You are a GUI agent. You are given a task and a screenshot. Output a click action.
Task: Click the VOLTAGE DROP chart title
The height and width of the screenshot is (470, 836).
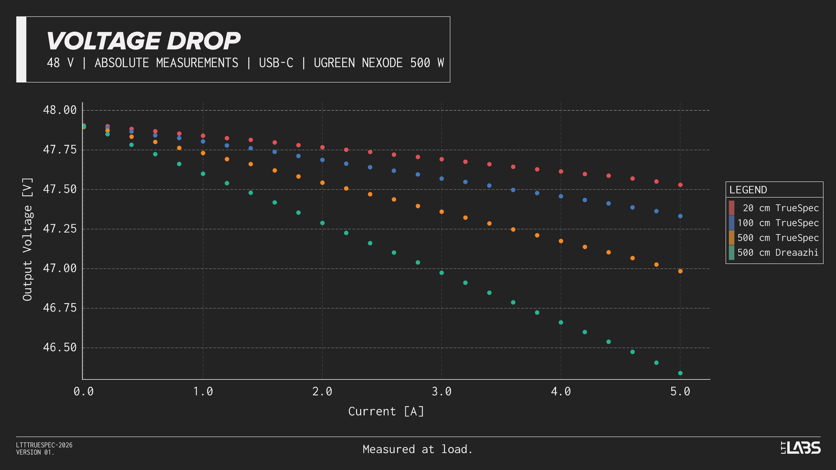tap(143, 41)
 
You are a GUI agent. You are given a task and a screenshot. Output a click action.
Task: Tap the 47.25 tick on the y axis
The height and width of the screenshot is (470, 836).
tap(60, 229)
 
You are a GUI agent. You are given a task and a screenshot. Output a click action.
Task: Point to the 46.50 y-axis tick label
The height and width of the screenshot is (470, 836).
tap(60, 348)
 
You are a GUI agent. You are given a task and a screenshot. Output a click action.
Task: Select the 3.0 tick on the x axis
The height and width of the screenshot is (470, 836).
tap(441, 391)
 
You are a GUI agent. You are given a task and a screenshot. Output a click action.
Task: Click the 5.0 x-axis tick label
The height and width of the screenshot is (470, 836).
tap(680, 391)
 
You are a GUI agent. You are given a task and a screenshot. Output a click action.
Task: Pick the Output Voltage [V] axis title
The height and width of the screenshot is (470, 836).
tap(28, 239)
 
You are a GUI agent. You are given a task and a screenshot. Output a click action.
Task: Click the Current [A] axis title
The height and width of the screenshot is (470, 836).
tap(386, 412)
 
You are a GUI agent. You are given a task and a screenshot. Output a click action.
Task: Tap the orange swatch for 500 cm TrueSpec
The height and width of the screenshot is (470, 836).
tap(731, 238)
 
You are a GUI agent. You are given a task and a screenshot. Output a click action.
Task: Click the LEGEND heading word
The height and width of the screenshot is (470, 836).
tap(748, 190)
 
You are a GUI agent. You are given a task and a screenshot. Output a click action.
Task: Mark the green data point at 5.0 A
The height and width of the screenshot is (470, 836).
tap(680, 373)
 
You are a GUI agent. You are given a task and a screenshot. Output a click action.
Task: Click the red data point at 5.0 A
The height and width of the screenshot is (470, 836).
tap(680, 185)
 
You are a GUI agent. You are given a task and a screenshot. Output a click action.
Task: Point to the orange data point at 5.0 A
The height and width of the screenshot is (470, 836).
tap(680, 271)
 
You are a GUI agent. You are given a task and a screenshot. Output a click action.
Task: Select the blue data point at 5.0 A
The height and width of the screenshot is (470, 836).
tap(680, 216)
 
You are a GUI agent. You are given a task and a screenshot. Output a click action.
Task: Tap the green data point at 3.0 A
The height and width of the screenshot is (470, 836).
tap(441, 273)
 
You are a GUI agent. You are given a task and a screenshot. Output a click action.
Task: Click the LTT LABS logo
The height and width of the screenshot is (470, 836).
tap(800, 448)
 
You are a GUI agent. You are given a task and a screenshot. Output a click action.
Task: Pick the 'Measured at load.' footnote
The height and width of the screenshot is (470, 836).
tap(417, 450)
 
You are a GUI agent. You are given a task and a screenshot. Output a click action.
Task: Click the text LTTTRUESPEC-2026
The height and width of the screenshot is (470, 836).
tap(44, 445)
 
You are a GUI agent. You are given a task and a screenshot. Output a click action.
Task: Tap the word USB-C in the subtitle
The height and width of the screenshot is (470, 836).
tap(276, 63)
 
